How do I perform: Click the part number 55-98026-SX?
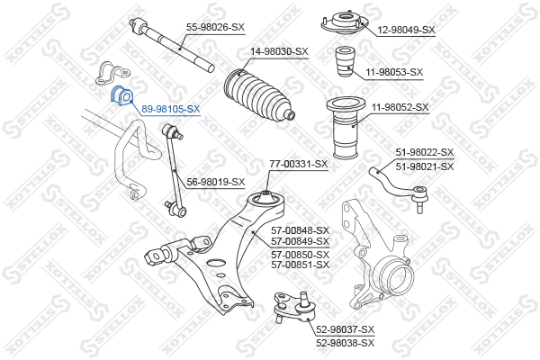point(215,27)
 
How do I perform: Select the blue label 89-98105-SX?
point(171,109)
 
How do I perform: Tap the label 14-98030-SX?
point(279,51)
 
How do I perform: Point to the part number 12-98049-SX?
point(407,30)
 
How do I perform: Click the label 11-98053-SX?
point(394,72)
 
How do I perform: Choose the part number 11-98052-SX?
point(400,107)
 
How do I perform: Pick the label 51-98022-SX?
point(425,152)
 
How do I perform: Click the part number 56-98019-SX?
point(216,182)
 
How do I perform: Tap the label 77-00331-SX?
point(299,164)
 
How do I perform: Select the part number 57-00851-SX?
point(300,265)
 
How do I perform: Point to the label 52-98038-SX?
point(345,343)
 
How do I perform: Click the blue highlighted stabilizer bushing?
point(121,95)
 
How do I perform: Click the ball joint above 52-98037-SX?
point(294,307)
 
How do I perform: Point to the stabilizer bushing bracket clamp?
point(112,74)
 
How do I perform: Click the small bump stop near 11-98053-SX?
point(345,62)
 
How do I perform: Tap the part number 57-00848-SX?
point(300,230)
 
